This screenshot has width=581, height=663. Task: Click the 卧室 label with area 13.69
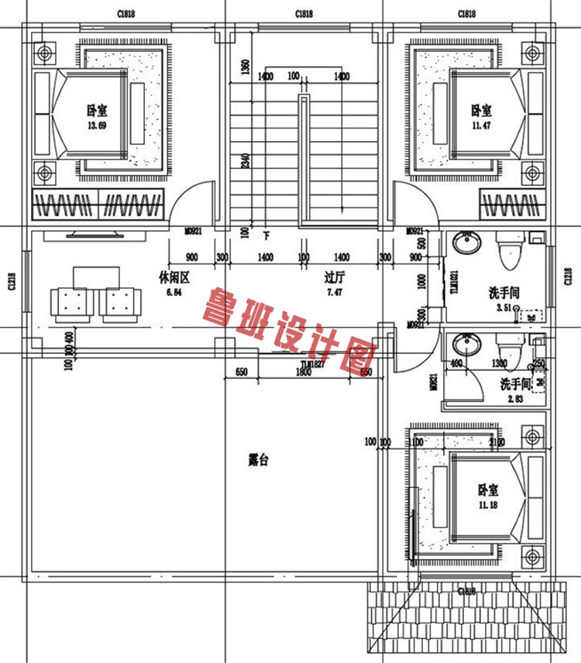tap(97, 111)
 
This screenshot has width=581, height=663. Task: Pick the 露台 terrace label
tap(258, 460)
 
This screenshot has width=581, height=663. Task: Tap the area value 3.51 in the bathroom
tap(504, 307)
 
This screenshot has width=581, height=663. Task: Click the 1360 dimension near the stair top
tap(246, 68)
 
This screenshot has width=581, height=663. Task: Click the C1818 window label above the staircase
tap(304, 14)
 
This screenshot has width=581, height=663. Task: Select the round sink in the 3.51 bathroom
tap(466, 244)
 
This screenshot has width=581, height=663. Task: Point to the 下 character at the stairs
tap(266, 234)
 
